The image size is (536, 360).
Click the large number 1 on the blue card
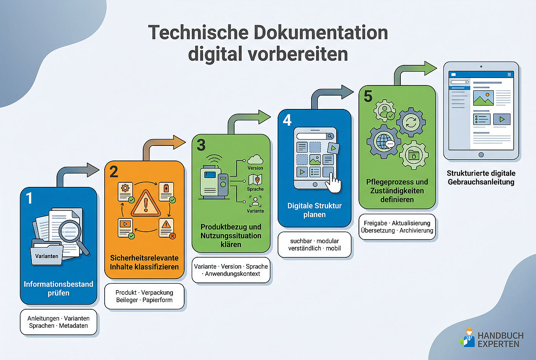(x=29, y=198)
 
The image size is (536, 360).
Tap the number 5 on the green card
(x=368, y=96)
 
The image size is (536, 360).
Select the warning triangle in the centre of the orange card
(x=146, y=204)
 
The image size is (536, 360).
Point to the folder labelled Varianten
(x=46, y=254)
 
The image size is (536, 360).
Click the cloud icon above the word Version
(x=255, y=160)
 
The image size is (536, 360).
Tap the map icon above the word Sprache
(x=255, y=179)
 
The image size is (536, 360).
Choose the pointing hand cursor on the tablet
(x=333, y=183)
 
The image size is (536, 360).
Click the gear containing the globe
(x=384, y=141)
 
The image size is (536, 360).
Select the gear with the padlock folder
(x=414, y=155)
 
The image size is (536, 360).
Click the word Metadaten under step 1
(x=73, y=326)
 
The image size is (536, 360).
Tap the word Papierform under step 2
(x=157, y=300)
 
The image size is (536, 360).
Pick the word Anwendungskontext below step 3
(x=232, y=274)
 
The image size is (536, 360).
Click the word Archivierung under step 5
(x=416, y=231)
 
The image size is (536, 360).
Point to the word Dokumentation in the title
(x=321, y=33)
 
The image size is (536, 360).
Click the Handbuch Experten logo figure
(x=468, y=338)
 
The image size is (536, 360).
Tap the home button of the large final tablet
(x=481, y=155)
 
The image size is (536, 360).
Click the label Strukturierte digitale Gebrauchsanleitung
(x=481, y=177)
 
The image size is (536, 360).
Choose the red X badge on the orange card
(x=172, y=236)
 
